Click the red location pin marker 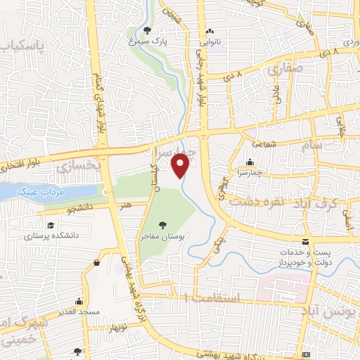click(181, 165)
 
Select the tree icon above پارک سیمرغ click(146, 30)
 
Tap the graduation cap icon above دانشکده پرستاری click(51, 225)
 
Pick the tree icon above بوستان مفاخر click(163, 225)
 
